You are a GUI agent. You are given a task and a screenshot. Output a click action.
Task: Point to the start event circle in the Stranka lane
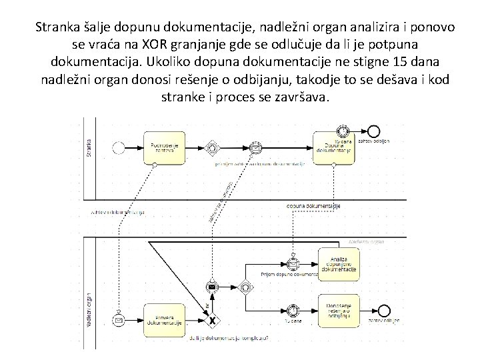click(x=119, y=147)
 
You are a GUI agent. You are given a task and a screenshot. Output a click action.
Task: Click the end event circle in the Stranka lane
click(x=373, y=131)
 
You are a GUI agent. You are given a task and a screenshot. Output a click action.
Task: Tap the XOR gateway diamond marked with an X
click(x=213, y=321)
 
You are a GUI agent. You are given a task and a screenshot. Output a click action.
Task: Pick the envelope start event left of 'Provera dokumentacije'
click(x=120, y=321)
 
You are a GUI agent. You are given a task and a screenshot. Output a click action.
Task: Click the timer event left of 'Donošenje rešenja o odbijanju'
click(x=293, y=311)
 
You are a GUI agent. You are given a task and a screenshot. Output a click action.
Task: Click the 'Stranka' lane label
click(x=89, y=146)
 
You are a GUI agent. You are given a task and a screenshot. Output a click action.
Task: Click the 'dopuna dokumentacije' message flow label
click(x=313, y=207)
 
